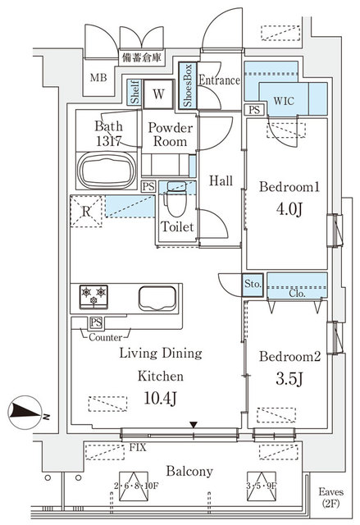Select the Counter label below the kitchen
[x=107, y=336]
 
